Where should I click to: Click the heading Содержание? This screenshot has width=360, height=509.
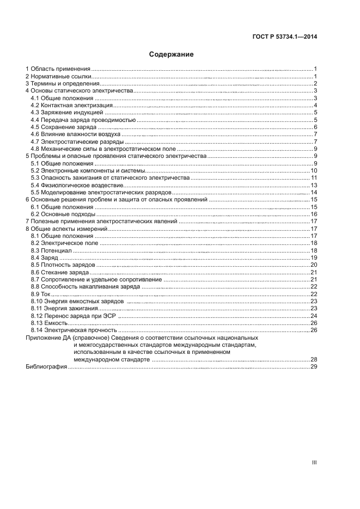(172, 54)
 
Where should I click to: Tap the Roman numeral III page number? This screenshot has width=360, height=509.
(314, 462)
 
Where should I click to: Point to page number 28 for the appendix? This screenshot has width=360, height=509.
(314, 359)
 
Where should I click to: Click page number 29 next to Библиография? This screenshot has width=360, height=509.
(314, 367)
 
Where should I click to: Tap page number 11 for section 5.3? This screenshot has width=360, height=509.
(314, 178)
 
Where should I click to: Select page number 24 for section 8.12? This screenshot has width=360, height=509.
(314, 316)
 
